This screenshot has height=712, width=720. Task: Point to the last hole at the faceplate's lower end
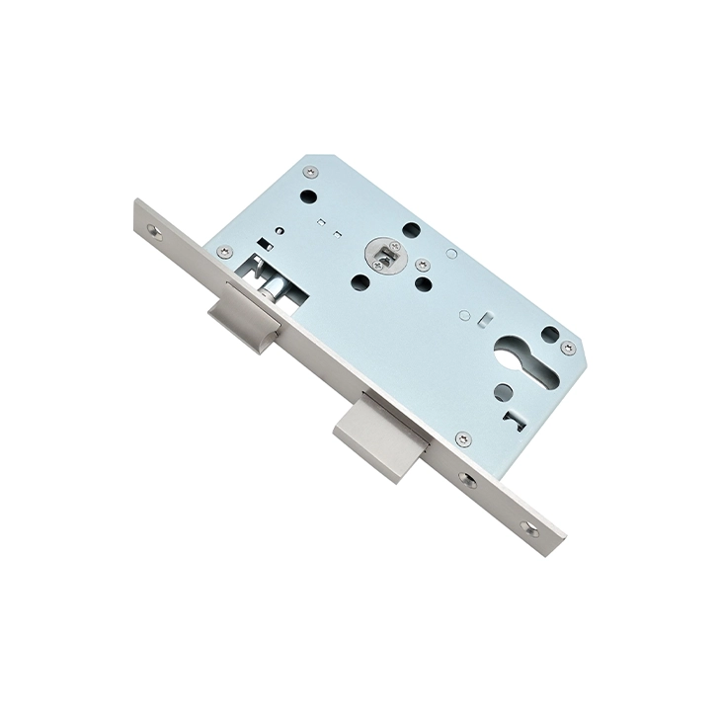tap(529, 528)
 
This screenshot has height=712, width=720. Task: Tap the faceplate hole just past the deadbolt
tap(467, 480)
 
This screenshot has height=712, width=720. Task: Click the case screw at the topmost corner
tap(310, 173)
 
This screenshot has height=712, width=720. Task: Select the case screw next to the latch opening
tap(224, 252)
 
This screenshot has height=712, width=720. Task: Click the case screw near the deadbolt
tap(461, 438)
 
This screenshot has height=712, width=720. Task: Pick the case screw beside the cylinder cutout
tap(568, 349)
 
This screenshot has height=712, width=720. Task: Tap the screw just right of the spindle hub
tap(422, 265)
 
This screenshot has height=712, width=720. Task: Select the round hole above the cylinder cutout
tap(549, 335)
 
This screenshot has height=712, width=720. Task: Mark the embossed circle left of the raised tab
tap(464, 316)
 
